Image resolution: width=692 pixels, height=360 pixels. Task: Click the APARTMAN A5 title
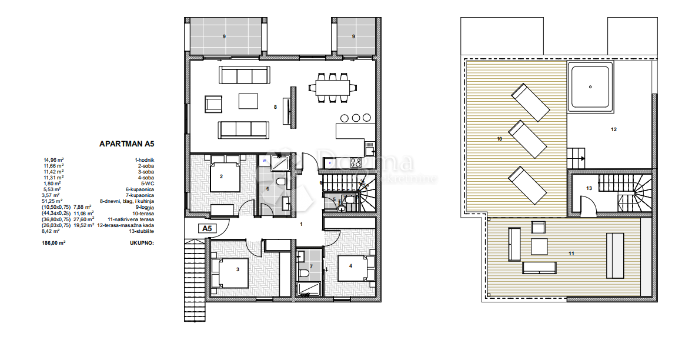click(x=126, y=143)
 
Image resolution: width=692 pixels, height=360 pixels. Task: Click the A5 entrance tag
click(x=206, y=228)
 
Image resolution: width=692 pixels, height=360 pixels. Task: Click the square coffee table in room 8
click(x=248, y=101)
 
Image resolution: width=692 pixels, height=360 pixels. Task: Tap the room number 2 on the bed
click(x=221, y=176)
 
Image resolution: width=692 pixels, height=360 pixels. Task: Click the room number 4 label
click(x=351, y=265)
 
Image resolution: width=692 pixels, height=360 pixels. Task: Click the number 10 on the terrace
click(x=499, y=139)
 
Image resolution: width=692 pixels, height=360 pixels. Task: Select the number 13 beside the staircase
click(x=589, y=188)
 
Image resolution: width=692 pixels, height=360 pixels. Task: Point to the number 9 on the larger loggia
click(x=224, y=36)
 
